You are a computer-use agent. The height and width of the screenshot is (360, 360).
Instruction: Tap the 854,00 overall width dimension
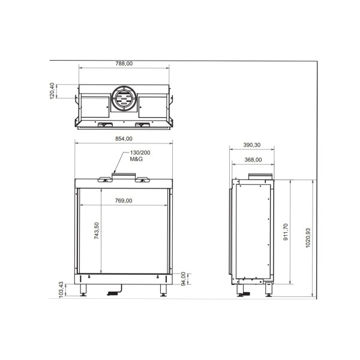click(124, 139)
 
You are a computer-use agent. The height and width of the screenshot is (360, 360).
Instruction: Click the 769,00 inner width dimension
click(124, 200)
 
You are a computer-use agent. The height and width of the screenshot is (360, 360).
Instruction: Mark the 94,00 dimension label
click(184, 278)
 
